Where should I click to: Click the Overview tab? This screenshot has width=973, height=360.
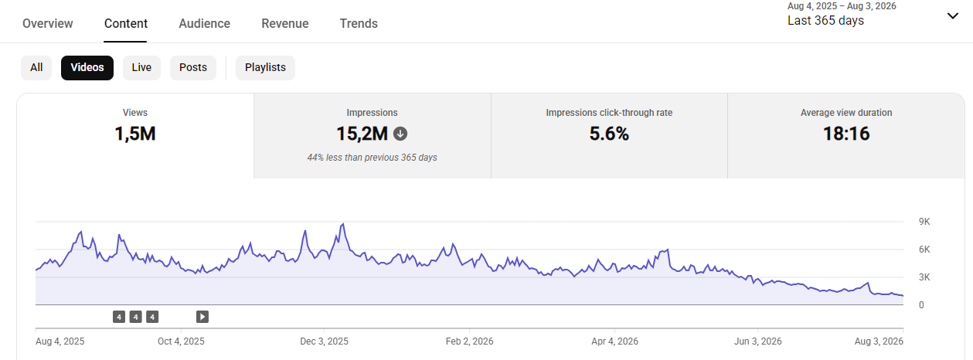pyautogui.click(x=48, y=23)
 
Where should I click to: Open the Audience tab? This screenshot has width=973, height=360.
pyautogui.click(x=205, y=23)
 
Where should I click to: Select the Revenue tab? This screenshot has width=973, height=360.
pyautogui.click(x=285, y=23)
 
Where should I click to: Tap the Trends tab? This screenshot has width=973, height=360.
pyautogui.click(x=359, y=23)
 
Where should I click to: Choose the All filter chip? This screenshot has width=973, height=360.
pyautogui.click(x=36, y=68)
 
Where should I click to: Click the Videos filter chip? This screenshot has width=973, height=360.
pyautogui.click(x=87, y=68)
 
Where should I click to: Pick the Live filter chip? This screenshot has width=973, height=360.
pyautogui.click(x=141, y=68)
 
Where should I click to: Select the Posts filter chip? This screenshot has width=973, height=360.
pyautogui.click(x=193, y=68)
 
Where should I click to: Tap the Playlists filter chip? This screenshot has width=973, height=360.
pyautogui.click(x=265, y=68)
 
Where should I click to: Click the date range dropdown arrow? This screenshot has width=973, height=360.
pyautogui.click(x=953, y=16)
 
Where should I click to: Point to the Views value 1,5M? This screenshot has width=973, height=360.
pyautogui.click(x=135, y=134)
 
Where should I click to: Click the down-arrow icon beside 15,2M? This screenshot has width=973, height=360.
pyautogui.click(x=400, y=134)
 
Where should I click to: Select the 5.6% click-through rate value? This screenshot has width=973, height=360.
pyautogui.click(x=609, y=134)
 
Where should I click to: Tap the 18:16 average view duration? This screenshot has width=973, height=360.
pyautogui.click(x=846, y=134)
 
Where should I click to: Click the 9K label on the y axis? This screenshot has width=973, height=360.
pyautogui.click(x=924, y=222)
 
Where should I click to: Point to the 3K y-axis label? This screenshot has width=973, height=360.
pyautogui.click(x=924, y=277)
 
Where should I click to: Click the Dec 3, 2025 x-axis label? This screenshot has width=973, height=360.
pyautogui.click(x=324, y=341)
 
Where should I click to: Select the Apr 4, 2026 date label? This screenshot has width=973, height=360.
pyautogui.click(x=614, y=341)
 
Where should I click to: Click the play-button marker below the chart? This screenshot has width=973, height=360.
pyautogui.click(x=202, y=317)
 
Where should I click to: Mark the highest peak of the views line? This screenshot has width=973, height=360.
pyautogui.click(x=343, y=224)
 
